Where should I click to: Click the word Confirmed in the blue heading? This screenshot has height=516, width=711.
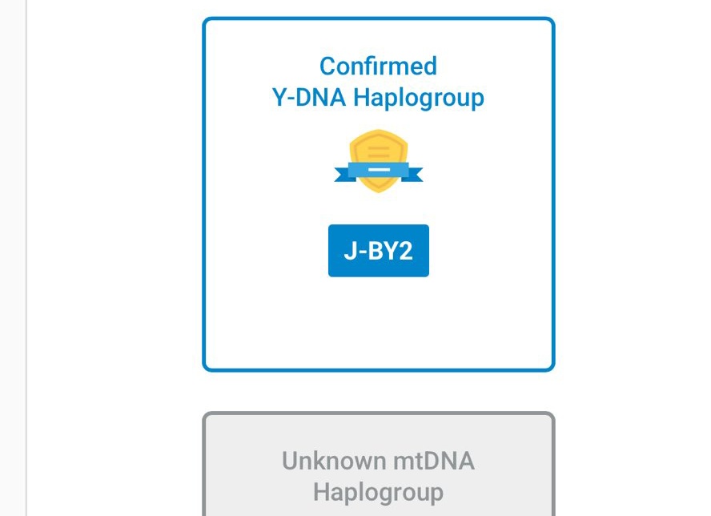point(378,66)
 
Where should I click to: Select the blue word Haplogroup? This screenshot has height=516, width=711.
point(419,99)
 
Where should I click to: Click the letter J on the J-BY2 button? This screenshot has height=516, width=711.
point(350,251)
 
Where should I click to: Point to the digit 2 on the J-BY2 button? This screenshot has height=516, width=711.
point(406,251)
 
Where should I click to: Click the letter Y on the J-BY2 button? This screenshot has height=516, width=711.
point(390,251)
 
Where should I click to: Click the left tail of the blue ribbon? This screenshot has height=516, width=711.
point(343,172)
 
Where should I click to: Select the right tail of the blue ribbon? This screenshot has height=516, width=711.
point(414,172)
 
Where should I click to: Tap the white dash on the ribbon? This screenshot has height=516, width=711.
point(379,169)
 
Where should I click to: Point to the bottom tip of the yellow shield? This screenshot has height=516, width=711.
point(379,191)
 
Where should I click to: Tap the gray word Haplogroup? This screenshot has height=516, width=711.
point(378,491)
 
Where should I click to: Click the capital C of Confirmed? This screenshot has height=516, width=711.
point(327,66)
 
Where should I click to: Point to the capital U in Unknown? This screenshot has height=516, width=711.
point(290,461)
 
